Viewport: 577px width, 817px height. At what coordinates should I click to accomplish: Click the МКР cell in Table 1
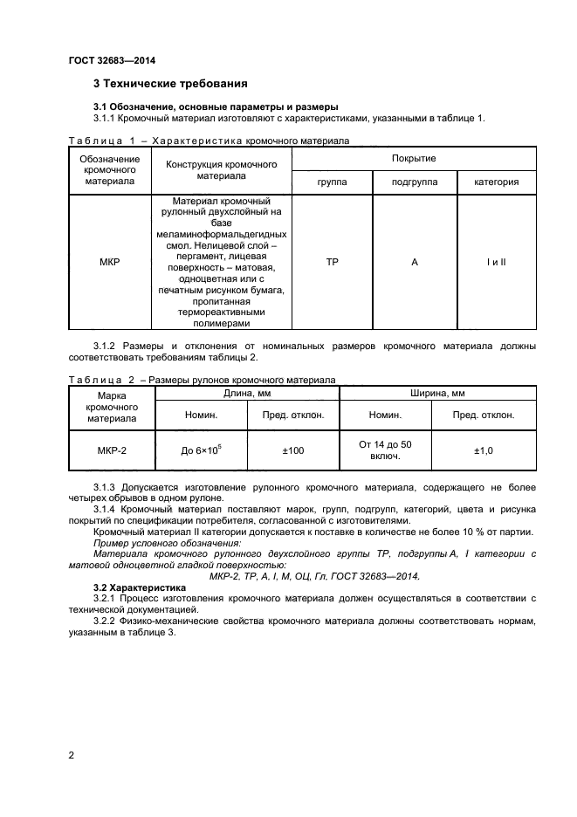click(x=110, y=261)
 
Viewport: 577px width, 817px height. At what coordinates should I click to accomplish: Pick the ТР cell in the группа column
click(x=332, y=261)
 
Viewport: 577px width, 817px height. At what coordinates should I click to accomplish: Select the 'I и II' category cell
click(x=496, y=261)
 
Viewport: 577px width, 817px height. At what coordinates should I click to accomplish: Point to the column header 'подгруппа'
click(x=414, y=182)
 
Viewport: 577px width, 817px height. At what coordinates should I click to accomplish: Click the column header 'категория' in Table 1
click(x=496, y=182)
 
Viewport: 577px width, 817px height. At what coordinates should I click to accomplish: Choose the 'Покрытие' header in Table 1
click(x=414, y=159)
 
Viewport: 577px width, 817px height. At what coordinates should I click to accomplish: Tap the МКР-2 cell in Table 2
click(x=111, y=450)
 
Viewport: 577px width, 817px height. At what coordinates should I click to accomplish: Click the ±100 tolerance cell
click(x=292, y=450)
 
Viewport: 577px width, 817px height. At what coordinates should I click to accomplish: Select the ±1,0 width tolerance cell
click(x=484, y=450)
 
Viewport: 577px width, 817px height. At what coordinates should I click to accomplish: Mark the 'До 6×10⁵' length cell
click(x=201, y=450)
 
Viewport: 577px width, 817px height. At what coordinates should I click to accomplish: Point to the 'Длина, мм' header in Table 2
click(x=246, y=395)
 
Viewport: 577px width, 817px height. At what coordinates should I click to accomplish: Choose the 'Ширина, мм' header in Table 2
click(x=436, y=395)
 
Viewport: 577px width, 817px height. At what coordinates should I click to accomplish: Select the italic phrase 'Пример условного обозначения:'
click(x=167, y=542)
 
